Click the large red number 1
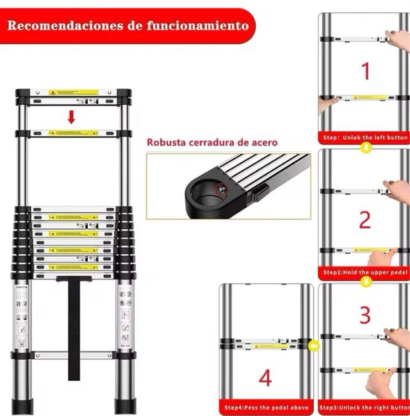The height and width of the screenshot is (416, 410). (x=366, y=71)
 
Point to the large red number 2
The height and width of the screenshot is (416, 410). (x=365, y=220)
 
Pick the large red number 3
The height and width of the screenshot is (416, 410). (x=365, y=315)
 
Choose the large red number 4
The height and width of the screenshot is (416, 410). (x=265, y=378)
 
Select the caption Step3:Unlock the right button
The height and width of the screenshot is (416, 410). (x=365, y=408)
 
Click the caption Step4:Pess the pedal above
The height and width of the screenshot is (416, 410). (x=266, y=408)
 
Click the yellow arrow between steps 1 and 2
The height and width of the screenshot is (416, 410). (x=365, y=148)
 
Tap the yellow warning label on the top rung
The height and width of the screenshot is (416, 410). (x=73, y=93)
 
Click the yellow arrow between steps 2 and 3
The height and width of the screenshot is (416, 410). (x=365, y=282)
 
